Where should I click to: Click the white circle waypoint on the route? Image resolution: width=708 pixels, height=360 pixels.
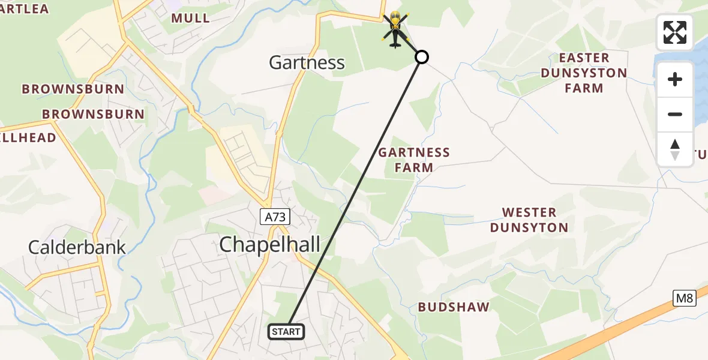tap(422, 57)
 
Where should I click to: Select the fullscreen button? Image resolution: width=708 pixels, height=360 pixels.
tap(675, 32)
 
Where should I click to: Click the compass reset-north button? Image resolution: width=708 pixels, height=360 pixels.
tap(675, 149)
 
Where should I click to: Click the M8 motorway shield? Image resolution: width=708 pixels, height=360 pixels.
tap(684, 298)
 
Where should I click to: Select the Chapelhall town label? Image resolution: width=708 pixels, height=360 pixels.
tap(270, 244)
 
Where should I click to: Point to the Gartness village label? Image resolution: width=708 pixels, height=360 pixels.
tap(307, 62)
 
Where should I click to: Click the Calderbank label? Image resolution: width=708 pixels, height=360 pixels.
tap(77, 247)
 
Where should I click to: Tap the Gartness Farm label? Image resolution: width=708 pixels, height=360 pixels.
tap(414, 160)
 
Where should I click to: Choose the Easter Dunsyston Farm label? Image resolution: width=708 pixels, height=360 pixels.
tap(584, 73)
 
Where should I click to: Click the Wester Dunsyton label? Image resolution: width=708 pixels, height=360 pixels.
tap(529, 220)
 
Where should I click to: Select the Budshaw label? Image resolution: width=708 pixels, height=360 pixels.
tap(454, 307)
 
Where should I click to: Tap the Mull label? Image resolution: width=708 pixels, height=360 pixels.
tap(191, 18)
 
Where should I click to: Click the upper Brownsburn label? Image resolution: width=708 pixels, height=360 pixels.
tap(73, 89)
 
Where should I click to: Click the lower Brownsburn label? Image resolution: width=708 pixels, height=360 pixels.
tap(93, 114)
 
